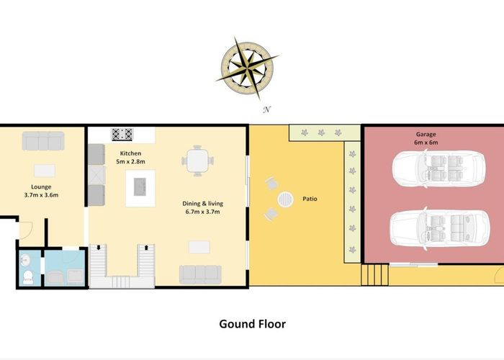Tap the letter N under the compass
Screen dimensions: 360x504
[266, 109]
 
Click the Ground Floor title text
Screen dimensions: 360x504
[252, 324]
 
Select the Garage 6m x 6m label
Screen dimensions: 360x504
[426, 138]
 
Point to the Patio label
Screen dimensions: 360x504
[310, 199]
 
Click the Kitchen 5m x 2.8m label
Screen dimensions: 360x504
[130, 158]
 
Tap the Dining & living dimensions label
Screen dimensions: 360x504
[201, 208]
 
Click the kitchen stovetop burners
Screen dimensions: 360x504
[122, 134]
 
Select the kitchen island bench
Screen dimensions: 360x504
[140, 188]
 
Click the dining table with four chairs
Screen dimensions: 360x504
[197, 160]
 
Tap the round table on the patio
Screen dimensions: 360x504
[287, 198]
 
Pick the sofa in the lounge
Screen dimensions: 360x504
[43, 141]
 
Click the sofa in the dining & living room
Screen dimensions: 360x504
[200, 274]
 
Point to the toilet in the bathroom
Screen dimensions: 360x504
[27, 276]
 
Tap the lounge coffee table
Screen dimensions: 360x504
[45, 171]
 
